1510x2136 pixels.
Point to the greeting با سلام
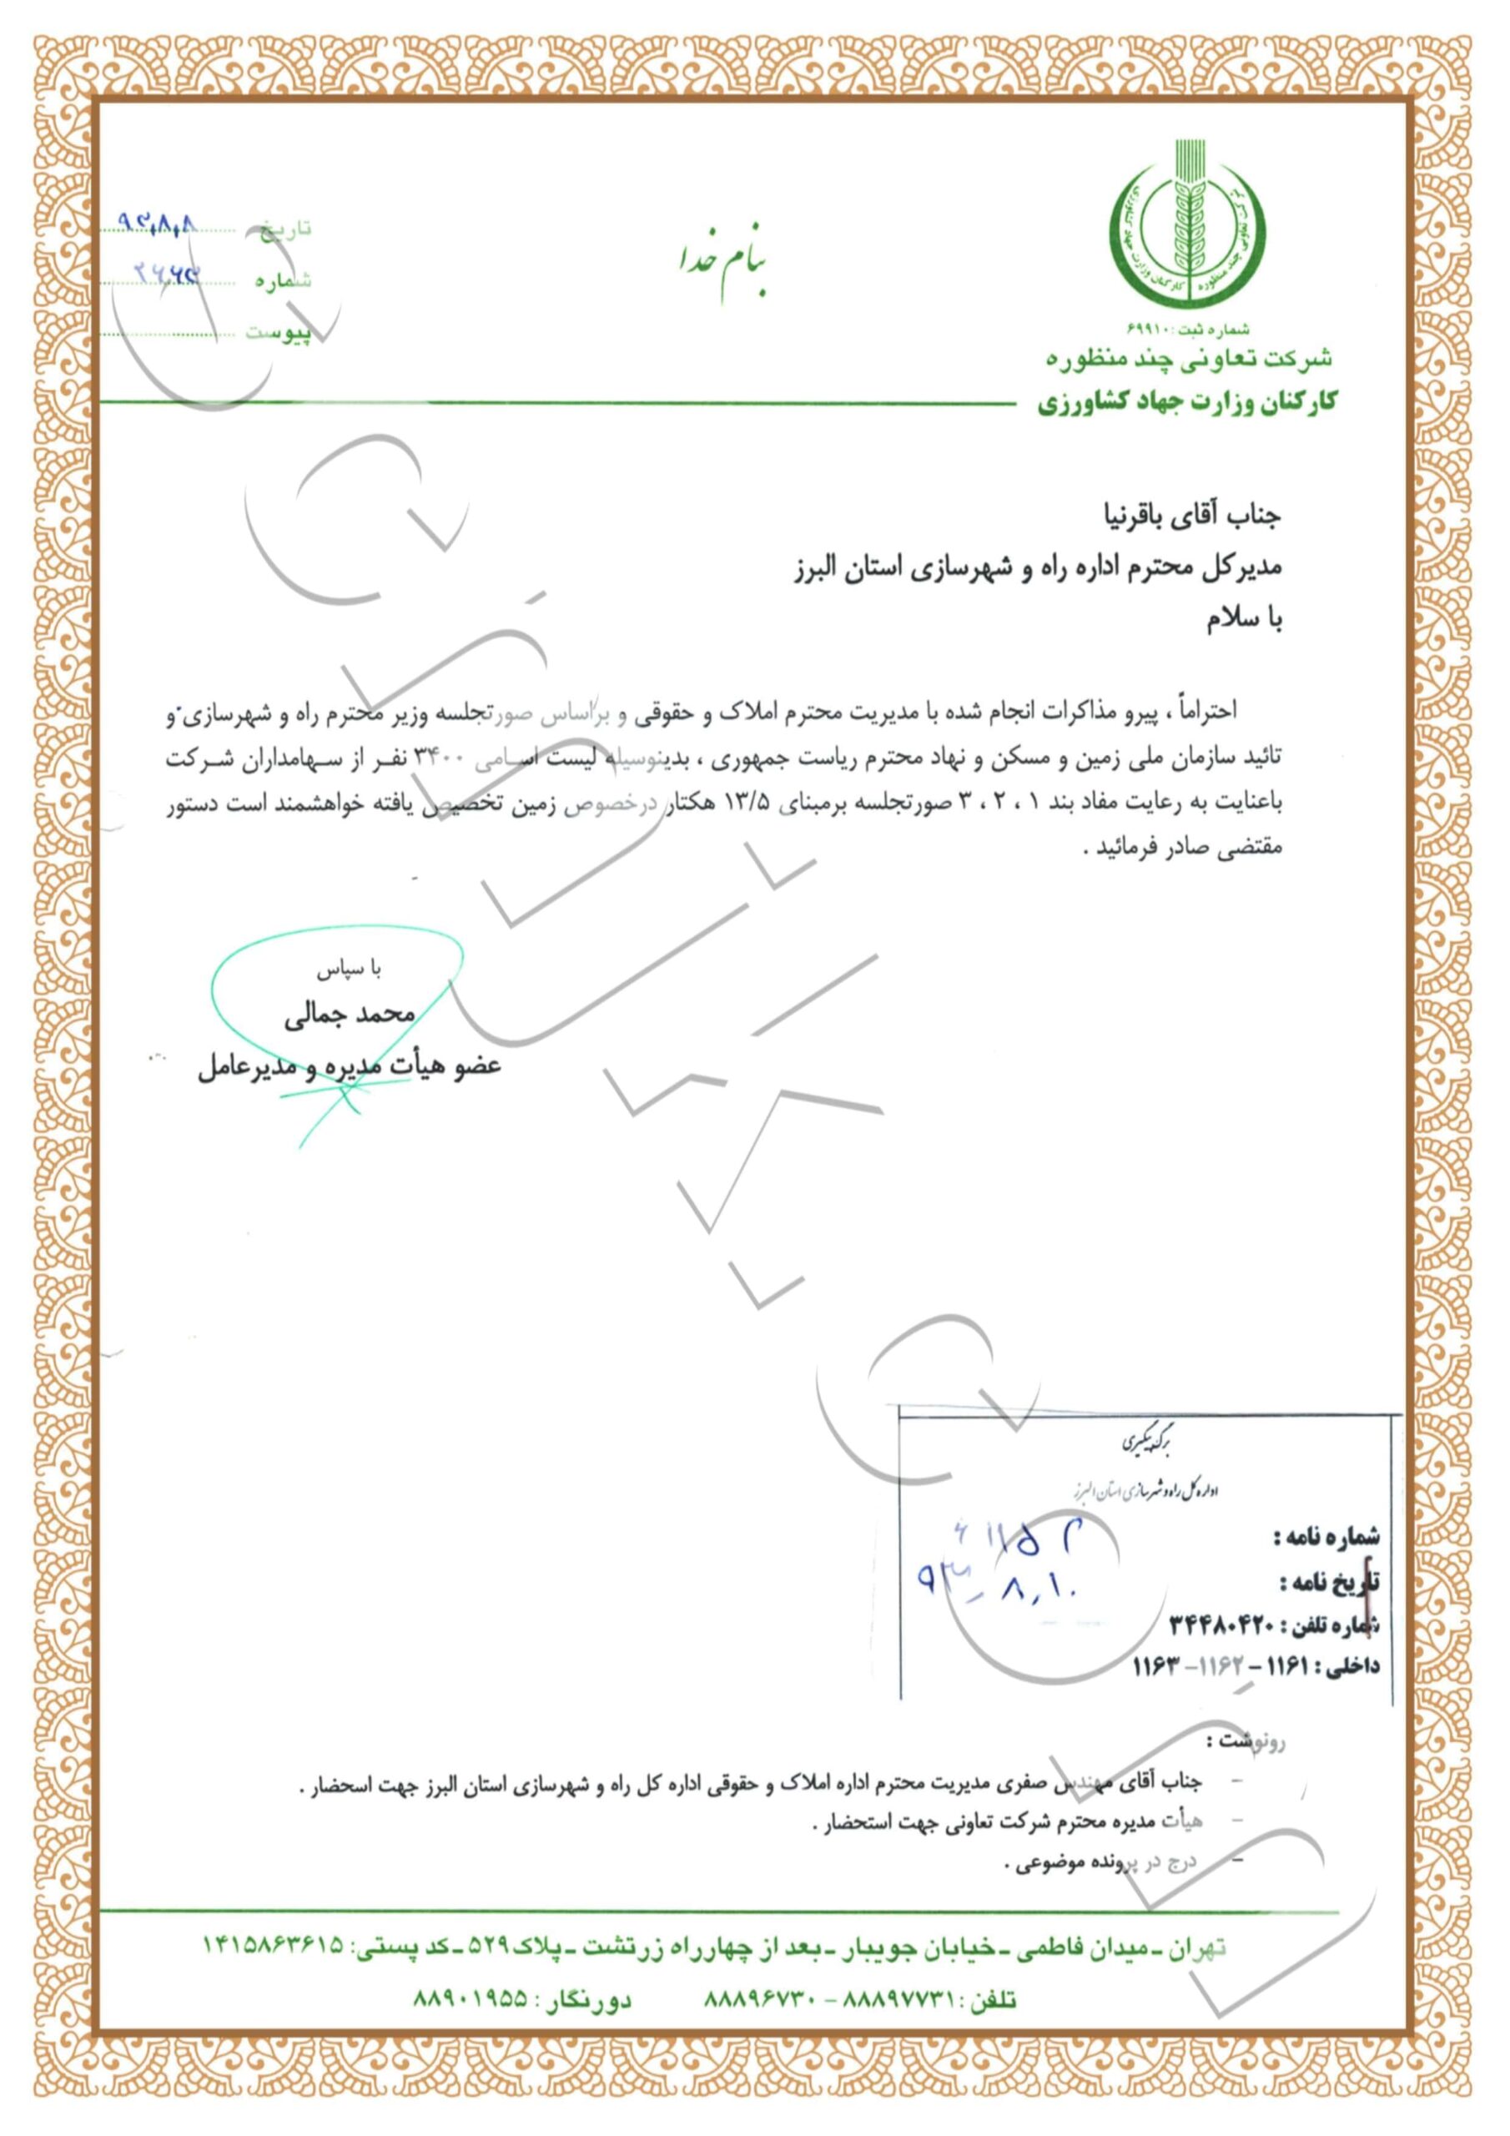tap(1244, 622)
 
